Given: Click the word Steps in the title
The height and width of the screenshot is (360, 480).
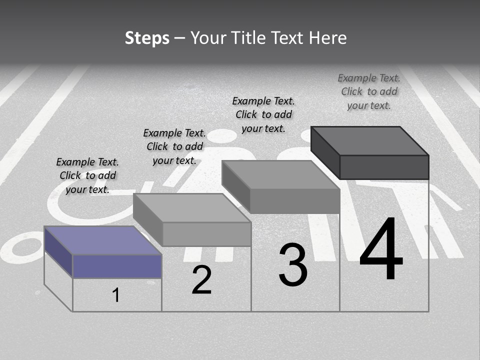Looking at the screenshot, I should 147,38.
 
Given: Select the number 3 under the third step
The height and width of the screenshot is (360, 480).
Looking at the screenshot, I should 292,265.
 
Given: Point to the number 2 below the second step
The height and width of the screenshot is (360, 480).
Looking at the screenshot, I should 201,280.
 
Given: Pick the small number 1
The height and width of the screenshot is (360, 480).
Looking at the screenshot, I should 115,295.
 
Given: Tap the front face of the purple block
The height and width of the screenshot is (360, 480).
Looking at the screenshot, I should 117,266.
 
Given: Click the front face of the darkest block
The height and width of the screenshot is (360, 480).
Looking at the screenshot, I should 384,167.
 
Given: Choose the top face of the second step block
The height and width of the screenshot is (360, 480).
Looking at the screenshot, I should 192,207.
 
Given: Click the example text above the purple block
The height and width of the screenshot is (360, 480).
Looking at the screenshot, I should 87,175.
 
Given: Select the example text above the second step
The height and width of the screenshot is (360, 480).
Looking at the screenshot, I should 174,146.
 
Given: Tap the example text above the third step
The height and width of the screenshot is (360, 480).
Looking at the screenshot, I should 263,114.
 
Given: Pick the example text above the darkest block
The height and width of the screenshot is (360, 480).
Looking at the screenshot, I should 369,91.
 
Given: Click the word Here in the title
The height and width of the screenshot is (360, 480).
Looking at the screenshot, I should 327,38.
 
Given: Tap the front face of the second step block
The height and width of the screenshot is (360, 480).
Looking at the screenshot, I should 206,234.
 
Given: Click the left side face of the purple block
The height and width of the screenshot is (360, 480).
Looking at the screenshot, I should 58,251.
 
